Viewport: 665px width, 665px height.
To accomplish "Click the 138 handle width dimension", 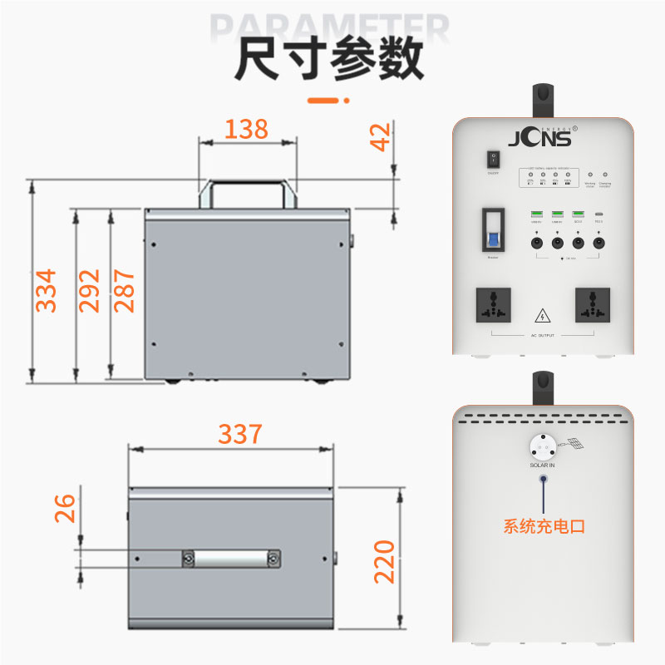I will [247, 129].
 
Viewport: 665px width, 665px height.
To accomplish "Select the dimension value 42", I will [380, 137].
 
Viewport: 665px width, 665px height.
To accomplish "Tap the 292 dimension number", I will [89, 289].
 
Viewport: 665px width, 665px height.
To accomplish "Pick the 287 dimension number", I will [124, 289].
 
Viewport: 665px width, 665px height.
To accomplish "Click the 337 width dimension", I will [240, 434].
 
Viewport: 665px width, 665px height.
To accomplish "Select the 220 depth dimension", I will [383, 561].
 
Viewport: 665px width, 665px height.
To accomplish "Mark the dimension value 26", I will [65, 507].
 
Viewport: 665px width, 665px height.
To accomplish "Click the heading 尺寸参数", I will [328, 59].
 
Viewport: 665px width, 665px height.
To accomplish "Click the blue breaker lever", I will [493, 242].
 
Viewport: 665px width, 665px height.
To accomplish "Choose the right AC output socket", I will [591, 306].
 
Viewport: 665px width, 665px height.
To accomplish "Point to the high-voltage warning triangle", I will [542, 315].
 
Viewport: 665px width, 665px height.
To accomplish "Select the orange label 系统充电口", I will [544, 526].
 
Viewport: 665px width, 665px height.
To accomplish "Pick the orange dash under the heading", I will [327, 101].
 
